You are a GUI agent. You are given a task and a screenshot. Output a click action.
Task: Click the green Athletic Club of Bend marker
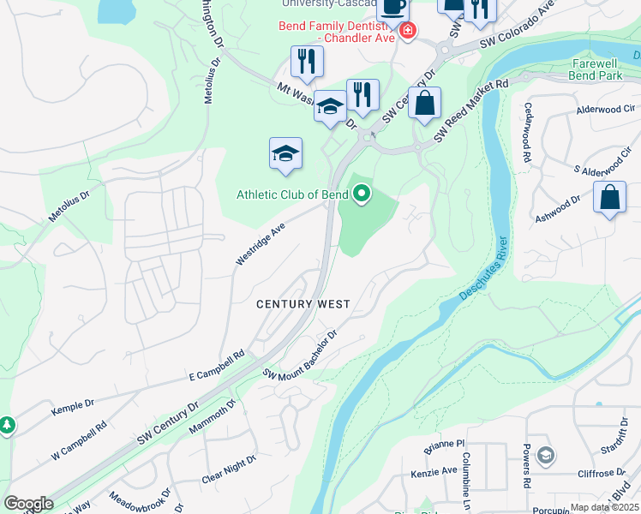(x=362, y=195)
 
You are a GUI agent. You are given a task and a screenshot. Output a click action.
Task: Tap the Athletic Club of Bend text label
(x=292, y=194)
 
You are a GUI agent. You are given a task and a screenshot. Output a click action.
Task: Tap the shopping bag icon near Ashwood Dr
(x=609, y=198)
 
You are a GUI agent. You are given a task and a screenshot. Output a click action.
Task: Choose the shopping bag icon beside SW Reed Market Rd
(x=424, y=105)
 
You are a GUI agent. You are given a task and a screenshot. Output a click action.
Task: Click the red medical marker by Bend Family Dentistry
(x=407, y=33)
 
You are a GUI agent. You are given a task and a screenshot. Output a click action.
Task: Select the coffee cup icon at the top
(x=392, y=7)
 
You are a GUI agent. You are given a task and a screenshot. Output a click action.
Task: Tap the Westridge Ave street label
(x=261, y=245)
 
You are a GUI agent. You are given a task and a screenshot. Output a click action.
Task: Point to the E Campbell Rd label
(x=217, y=365)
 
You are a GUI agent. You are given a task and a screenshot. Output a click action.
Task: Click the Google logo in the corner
(x=28, y=504)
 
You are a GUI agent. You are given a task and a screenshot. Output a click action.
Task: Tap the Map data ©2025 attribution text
(x=605, y=507)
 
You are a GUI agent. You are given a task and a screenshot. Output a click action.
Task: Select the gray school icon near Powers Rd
(x=546, y=455)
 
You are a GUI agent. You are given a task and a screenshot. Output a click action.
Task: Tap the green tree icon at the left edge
(x=7, y=425)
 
